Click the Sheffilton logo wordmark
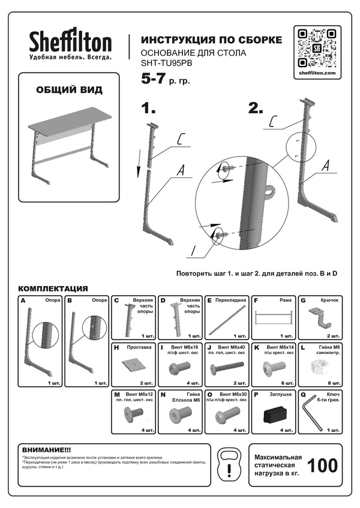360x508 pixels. click(x=71, y=42)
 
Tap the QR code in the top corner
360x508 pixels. click(x=316, y=46)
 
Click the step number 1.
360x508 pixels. click(x=148, y=109)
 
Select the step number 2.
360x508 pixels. click(x=256, y=109)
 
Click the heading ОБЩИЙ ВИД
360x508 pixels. click(x=69, y=90)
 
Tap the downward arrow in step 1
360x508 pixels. click(x=140, y=160)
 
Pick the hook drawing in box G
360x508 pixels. click(x=320, y=315)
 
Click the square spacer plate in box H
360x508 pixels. click(x=134, y=363)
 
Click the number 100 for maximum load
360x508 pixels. click(x=322, y=465)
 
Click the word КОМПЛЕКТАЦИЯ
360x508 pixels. click(x=53, y=288)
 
